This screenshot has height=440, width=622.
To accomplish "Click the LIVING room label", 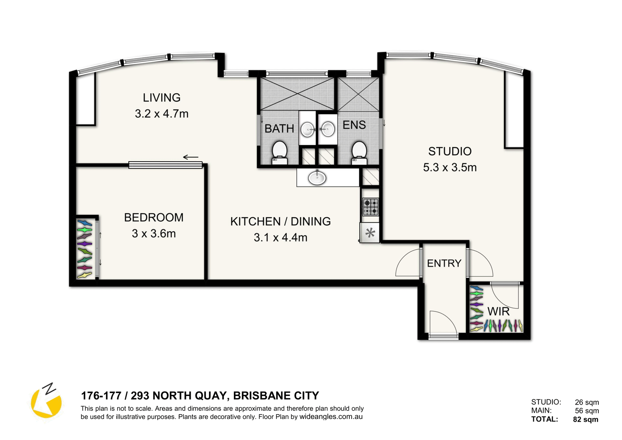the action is point(162,98).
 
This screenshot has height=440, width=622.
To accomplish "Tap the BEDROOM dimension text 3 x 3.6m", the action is point(154,233).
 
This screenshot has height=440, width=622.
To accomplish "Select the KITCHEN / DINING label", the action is point(281,221).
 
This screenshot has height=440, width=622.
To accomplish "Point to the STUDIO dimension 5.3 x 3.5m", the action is point(450,168).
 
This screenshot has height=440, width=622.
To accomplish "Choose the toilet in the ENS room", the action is point(359,153).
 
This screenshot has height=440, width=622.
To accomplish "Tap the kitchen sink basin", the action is point(317,177).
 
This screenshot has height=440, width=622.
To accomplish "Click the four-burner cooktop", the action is point(370,207).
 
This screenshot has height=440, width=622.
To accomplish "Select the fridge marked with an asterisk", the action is point(370,232).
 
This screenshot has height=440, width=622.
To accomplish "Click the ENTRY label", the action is point(444,263).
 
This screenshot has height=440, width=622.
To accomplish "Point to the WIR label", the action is point(498,312).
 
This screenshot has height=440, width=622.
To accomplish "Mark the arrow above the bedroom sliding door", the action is point(190,158).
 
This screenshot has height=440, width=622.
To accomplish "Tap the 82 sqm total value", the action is point(586,420).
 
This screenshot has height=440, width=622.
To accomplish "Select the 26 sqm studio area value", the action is point(587,402).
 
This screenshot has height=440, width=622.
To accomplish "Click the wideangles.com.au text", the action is point(331,417).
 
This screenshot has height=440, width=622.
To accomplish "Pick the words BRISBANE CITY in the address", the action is point(276,396).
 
